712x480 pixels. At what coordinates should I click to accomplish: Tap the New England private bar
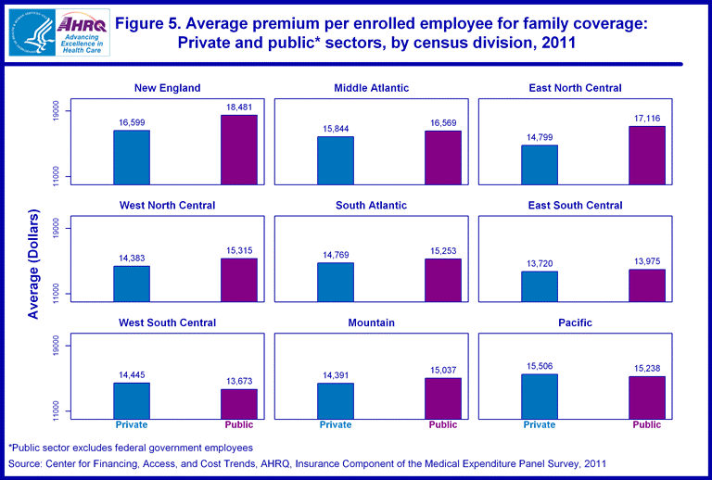coord(132,157)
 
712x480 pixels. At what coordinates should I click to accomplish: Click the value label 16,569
coord(443,123)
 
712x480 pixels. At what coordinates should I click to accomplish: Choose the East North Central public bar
coord(647,155)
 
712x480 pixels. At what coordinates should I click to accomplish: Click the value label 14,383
coord(132,259)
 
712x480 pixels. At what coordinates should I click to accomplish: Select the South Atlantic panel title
coord(371,205)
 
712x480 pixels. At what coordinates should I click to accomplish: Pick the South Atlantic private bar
coord(336,282)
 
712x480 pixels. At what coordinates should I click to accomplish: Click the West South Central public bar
coord(239,403)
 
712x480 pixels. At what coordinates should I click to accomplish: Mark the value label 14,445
coord(132,375)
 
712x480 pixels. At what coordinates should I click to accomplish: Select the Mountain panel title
coord(372,322)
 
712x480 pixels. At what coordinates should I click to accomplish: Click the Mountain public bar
coord(443,398)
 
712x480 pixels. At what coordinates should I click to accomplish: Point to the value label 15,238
coord(647,369)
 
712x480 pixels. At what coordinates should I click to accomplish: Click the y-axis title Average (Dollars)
coord(33,265)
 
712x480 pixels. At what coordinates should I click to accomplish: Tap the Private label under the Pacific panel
coord(540,425)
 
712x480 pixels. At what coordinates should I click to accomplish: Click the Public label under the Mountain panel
coord(443,425)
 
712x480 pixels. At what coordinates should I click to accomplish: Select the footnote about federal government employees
coord(131,448)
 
